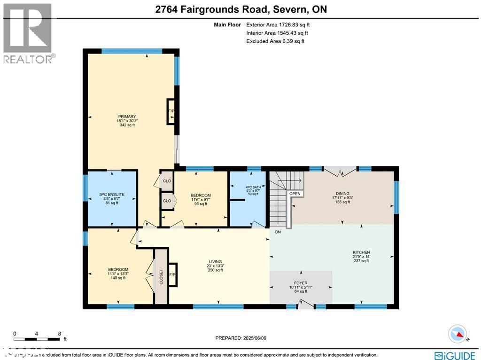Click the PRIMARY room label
(127, 117)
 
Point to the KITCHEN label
(361, 252)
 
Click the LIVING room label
(216, 262)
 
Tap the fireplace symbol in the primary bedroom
(171, 111)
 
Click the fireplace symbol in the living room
(172, 274)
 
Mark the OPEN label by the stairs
(295, 194)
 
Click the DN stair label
(278, 231)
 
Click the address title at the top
(240, 9)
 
